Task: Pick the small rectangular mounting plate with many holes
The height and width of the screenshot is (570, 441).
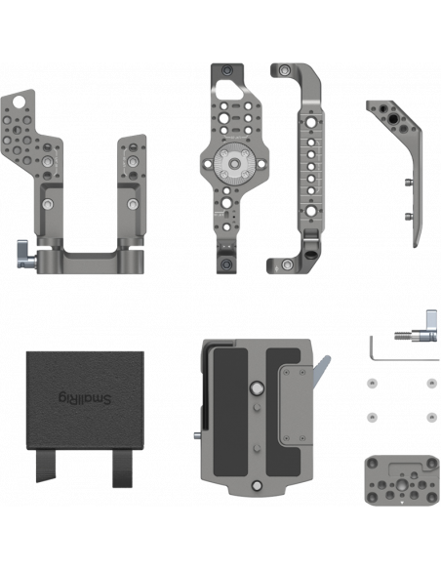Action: point(401,480)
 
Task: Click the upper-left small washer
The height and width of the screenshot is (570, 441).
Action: point(372,384)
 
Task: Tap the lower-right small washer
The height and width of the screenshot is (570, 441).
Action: point(431,418)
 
